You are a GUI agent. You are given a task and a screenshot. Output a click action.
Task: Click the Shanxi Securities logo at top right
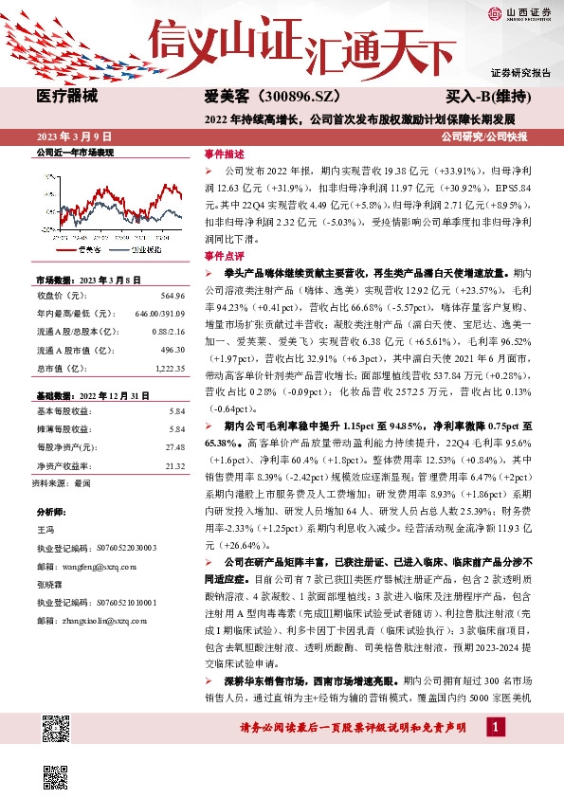(520, 12)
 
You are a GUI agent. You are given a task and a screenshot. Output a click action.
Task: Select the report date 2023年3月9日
(74, 136)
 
